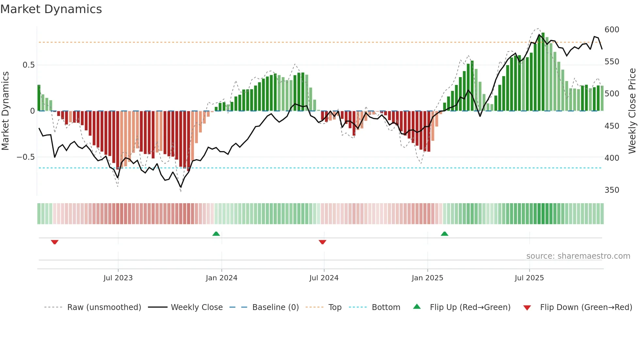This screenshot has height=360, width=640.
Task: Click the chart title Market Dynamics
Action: point(51,9)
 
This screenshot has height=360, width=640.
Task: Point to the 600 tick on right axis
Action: point(612,30)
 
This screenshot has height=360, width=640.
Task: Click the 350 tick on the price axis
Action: point(612,190)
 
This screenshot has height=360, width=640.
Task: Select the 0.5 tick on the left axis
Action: point(28,65)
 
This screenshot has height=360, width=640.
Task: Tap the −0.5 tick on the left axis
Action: point(26,157)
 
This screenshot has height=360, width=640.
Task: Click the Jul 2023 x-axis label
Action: point(118,278)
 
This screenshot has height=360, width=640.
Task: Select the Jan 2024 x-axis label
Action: point(221,278)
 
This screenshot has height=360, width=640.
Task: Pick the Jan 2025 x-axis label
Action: point(427,278)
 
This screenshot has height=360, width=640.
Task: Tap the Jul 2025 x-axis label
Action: point(529,278)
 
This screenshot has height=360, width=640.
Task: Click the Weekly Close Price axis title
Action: point(632,111)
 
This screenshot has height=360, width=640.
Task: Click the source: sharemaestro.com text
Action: point(578,256)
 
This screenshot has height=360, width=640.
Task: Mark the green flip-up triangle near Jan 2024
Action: point(216,234)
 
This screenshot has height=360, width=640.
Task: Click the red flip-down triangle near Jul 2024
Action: point(322,242)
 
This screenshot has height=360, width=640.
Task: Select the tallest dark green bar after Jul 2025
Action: point(543,72)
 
